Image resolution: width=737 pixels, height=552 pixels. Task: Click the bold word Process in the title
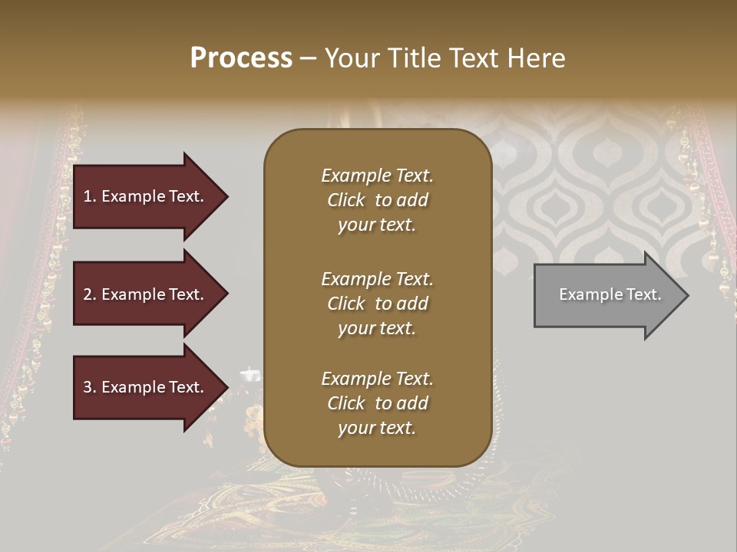[241, 58]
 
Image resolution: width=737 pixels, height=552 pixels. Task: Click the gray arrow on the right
[606, 295]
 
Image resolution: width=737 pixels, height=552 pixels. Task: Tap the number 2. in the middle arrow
[90, 294]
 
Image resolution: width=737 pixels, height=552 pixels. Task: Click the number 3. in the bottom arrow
[90, 388]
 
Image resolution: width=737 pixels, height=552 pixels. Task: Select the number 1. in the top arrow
[89, 196]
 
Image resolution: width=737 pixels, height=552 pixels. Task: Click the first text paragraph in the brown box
[377, 200]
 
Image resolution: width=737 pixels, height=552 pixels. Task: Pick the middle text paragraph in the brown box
[377, 304]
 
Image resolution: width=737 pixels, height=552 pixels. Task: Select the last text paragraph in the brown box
[377, 403]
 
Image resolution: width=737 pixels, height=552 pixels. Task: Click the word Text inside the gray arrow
[643, 294]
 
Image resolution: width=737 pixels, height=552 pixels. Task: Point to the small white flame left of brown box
[251, 374]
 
